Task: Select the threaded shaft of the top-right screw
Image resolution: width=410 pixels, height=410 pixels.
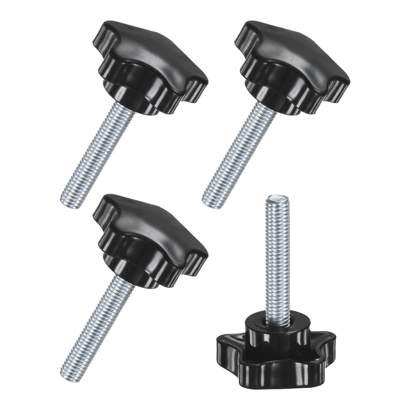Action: click(x=238, y=149)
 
